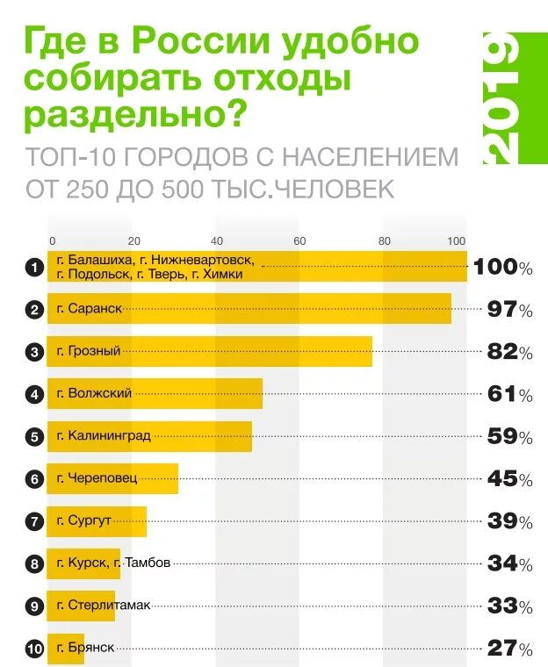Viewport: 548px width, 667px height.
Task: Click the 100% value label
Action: [x=503, y=268]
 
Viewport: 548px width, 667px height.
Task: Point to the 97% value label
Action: [x=510, y=310]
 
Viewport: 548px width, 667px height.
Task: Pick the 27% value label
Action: [x=510, y=649]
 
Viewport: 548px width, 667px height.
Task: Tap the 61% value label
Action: [x=510, y=395]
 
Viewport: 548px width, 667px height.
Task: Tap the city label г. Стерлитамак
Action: [x=104, y=606]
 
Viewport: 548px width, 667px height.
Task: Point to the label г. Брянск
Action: [x=85, y=648]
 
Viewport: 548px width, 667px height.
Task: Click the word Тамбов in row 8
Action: [x=148, y=563]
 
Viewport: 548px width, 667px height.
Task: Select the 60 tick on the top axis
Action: [x=299, y=240]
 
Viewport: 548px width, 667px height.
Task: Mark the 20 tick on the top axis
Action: [x=133, y=240]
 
